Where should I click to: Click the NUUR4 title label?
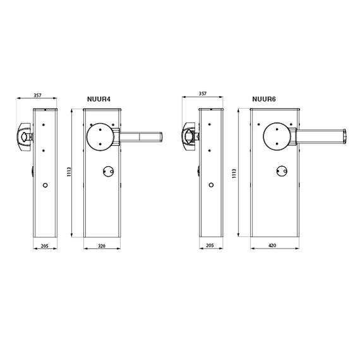[x=99, y=99]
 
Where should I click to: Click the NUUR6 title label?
[x=264, y=99]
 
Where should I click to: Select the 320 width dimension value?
[x=102, y=246]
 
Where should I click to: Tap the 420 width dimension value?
[x=272, y=246]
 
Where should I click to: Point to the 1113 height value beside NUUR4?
[x=69, y=172]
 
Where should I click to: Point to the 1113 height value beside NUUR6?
[x=234, y=174]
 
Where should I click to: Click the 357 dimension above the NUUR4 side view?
[x=37, y=95]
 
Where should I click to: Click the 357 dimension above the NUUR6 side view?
[x=203, y=93]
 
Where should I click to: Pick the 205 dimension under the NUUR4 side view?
[x=45, y=246]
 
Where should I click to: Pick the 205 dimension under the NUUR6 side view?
[x=210, y=246]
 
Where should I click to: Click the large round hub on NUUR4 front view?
[x=100, y=137]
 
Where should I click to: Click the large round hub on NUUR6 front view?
[x=277, y=137]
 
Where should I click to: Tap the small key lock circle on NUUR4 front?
[x=108, y=172]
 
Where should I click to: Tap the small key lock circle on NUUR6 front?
[x=282, y=171]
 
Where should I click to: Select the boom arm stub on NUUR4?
[x=141, y=137]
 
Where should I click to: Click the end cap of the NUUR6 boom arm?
[x=344, y=137]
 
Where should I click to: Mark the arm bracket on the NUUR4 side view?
[x=25, y=137]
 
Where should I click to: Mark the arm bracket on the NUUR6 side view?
[x=190, y=136]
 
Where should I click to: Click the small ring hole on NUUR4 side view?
[x=45, y=185]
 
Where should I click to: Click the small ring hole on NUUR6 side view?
[x=211, y=185]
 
